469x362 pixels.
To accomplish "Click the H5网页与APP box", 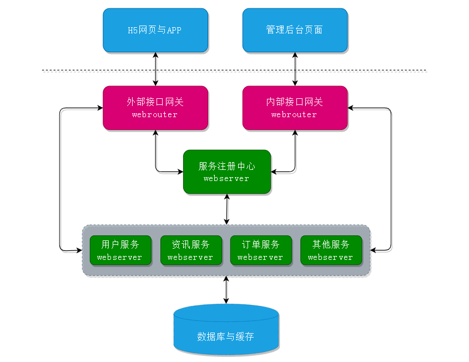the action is pyautogui.click(x=155, y=30).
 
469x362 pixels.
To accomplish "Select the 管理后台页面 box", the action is pyautogui.click(x=295, y=30).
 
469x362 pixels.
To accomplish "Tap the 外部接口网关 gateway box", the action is pyautogui.click(x=155, y=108).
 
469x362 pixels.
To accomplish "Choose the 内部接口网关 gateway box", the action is pyautogui.click(x=295, y=108).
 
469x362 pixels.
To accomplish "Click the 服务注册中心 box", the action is pyautogui.click(x=227, y=172).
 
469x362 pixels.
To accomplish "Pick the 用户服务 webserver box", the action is pyautogui.click(x=120, y=250).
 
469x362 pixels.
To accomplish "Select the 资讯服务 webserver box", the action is pyautogui.click(x=191, y=250).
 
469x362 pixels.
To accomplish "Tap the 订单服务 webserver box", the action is pyautogui.click(x=261, y=250).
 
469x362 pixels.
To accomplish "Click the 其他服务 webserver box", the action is pyautogui.click(x=331, y=250).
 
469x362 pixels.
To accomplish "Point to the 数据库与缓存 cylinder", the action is pyautogui.click(x=226, y=330).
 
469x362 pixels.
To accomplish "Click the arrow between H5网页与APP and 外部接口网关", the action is pyautogui.click(x=155, y=69).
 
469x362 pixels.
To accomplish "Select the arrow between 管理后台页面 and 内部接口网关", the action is pyautogui.click(x=295, y=69).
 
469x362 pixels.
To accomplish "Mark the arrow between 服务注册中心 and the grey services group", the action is pyautogui.click(x=226, y=209).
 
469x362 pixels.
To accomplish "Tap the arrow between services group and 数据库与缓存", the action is pyautogui.click(x=226, y=290).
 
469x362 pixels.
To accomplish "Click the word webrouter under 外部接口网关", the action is pyautogui.click(x=155, y=114).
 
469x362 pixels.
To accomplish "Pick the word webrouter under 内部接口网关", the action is pyautogui.click(x=294, y=114).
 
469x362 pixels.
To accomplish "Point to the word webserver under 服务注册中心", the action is pyautogui.click(x=226, y=179).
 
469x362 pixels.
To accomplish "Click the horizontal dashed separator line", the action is pyautogui.click(x=234, y=71).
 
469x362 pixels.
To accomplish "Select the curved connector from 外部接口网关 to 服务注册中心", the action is pyautogui.click(x=157, y=168).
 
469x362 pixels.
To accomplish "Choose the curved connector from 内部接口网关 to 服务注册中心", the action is pyautogui.click(x=294, y=168).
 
